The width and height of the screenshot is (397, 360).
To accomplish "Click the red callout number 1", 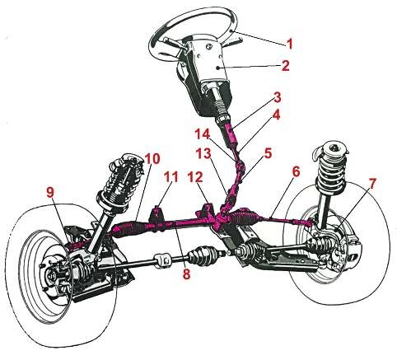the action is coord(289,44).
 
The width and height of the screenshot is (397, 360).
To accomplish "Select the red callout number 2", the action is coord(285,66).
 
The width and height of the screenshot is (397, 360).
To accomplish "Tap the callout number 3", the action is coord(277,97).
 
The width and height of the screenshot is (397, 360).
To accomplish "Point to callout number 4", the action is coord(276,115).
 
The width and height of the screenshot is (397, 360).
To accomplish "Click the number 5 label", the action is coord(268,153).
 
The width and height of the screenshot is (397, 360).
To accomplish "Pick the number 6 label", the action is coord(296,172).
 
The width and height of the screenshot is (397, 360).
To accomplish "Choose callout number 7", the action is coord(371,184).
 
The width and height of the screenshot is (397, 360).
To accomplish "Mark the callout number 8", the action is coord(186,274).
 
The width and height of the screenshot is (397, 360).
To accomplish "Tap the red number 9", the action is coord(50,193).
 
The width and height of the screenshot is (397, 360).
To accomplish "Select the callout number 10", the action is coord(152,159).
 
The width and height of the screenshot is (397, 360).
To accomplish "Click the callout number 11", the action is coord(171,177).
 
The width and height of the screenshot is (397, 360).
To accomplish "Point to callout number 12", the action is coord(195,177).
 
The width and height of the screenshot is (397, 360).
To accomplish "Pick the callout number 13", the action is coord(204,153).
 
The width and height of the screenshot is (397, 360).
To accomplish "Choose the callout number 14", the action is coord(203,134).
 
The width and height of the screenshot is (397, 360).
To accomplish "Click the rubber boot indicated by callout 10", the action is coord(126,230).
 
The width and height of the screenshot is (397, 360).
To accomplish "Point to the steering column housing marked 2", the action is coord(212,63).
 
